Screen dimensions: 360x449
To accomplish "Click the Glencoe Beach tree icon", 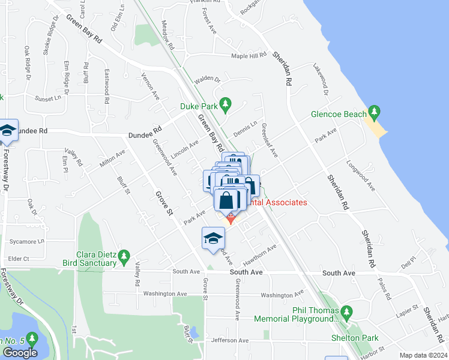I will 375,112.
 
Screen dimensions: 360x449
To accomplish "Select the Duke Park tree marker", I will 226,106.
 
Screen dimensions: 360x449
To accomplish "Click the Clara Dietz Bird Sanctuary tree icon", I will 124,257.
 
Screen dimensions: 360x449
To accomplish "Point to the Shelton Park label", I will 354,338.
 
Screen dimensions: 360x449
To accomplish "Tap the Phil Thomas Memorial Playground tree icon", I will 346,312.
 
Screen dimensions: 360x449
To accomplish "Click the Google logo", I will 20,352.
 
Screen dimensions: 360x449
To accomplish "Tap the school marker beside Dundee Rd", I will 7,131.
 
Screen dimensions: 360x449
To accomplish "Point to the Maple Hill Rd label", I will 249,56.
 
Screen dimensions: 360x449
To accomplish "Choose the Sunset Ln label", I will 48,98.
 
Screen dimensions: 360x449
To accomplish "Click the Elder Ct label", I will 19,259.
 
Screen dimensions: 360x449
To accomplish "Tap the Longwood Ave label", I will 361,175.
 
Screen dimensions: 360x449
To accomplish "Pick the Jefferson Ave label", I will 229,340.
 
